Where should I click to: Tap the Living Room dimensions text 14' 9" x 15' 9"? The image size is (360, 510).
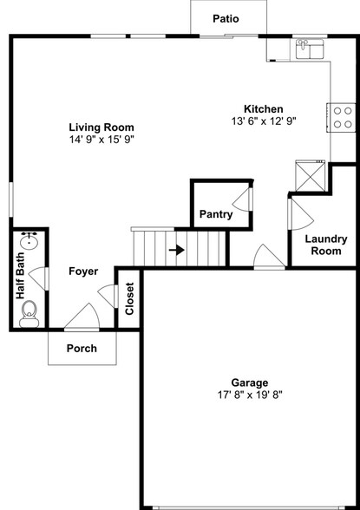[x=101, y=139]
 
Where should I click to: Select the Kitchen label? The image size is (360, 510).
[x=264, y=108]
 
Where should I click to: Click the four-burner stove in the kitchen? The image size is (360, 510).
[x=342, y=118]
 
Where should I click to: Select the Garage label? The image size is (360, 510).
[x=249, y=382]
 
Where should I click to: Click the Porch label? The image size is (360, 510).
[x=83, y=349]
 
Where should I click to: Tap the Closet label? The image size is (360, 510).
[x=129, y=298]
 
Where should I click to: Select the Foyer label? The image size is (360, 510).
[x=83, y=271]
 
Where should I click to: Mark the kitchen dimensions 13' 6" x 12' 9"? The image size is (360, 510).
[x=264, y=121]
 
